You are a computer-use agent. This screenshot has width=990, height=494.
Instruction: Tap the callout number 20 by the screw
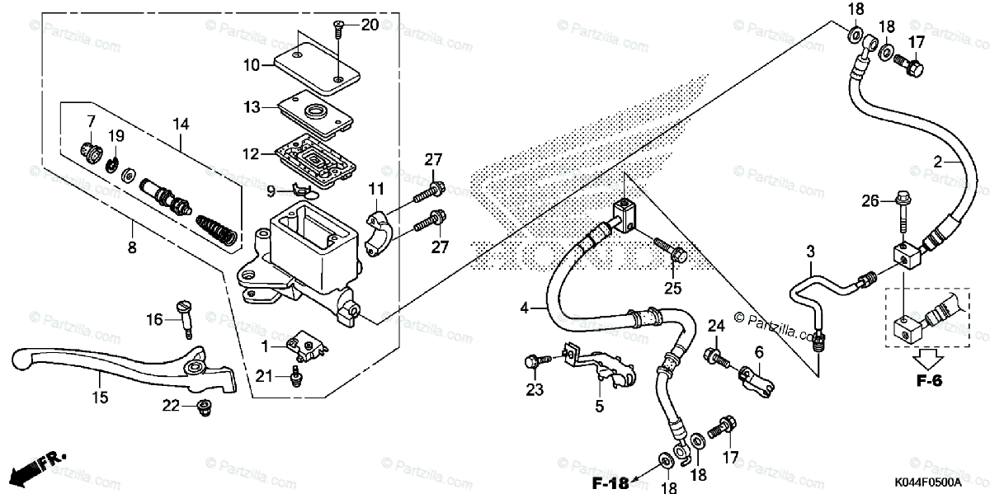370,25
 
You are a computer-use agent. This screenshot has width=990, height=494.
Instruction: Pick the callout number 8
132,247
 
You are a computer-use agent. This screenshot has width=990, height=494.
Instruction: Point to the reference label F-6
928,381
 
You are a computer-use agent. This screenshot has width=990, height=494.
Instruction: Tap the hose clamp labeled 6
755,379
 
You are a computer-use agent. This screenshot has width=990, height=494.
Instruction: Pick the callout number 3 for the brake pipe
810,250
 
